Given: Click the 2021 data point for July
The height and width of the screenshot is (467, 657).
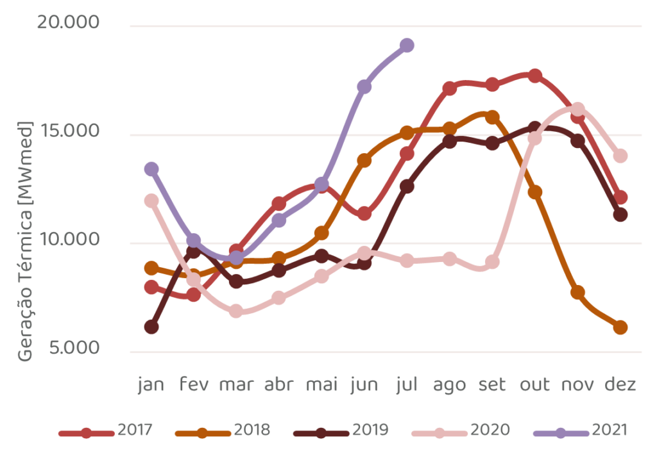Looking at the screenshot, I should [x=407, y=45].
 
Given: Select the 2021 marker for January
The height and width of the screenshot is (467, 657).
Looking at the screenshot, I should [x=151, y=169].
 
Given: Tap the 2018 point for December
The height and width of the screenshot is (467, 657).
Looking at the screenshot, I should [x=620, y=327].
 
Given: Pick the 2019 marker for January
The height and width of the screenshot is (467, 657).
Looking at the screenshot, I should [x=151, y=327].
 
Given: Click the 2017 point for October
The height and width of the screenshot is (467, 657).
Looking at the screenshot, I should [x=534, y=76].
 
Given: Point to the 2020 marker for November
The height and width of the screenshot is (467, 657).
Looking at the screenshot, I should [x=577, y=110].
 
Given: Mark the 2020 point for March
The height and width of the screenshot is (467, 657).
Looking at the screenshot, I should [x=236, y=311].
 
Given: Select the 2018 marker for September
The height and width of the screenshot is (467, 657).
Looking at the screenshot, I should [x=492, y=117].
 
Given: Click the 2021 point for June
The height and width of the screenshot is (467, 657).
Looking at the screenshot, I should [x=364, y=86].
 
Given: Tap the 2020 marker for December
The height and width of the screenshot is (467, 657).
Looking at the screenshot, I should [x=620, y=156].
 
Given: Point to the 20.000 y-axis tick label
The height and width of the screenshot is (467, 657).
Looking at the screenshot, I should [x=69, y=22].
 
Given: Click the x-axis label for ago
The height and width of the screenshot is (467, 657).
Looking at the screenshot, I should [x=450, y=384].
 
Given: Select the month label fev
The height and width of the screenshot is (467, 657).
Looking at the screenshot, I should [x=194, y=384].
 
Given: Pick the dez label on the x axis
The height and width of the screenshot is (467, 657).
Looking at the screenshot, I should [x=620, y=384].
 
